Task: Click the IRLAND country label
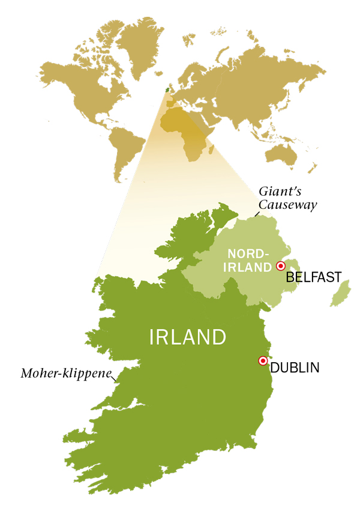(188, 337)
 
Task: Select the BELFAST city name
(313, 277)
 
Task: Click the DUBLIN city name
(295, 367)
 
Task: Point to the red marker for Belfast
(280, 265)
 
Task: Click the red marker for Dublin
(262, 361)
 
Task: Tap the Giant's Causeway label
(287, 198)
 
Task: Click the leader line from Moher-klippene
(115, 378)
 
